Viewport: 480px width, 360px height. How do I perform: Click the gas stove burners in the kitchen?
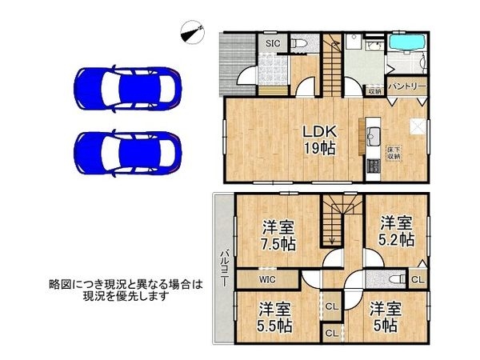point(372,167)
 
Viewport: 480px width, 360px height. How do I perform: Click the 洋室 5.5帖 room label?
point(274,316)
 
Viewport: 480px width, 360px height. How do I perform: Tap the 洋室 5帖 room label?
point(385,316)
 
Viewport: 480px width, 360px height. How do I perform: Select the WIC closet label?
point(266,279)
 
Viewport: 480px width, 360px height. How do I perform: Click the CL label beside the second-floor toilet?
point(418,280)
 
